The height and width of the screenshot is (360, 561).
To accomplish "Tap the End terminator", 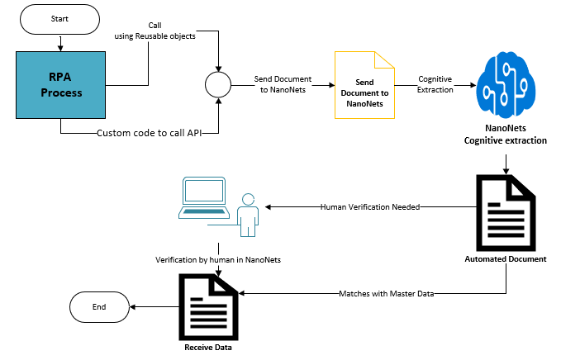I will point(99,306).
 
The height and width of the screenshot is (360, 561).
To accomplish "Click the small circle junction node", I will point(218,84).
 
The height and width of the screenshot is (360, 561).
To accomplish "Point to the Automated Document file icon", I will point(505,214).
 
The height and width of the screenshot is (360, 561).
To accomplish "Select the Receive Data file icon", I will point(207,306).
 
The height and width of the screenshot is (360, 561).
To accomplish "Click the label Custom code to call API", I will point(150,132).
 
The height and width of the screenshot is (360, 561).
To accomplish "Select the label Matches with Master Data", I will point(387,293).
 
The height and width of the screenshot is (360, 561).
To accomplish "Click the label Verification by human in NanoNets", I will point(218,259).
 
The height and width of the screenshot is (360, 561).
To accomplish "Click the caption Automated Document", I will point(506,259).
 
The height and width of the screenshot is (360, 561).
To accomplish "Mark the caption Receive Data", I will point(208,348).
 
